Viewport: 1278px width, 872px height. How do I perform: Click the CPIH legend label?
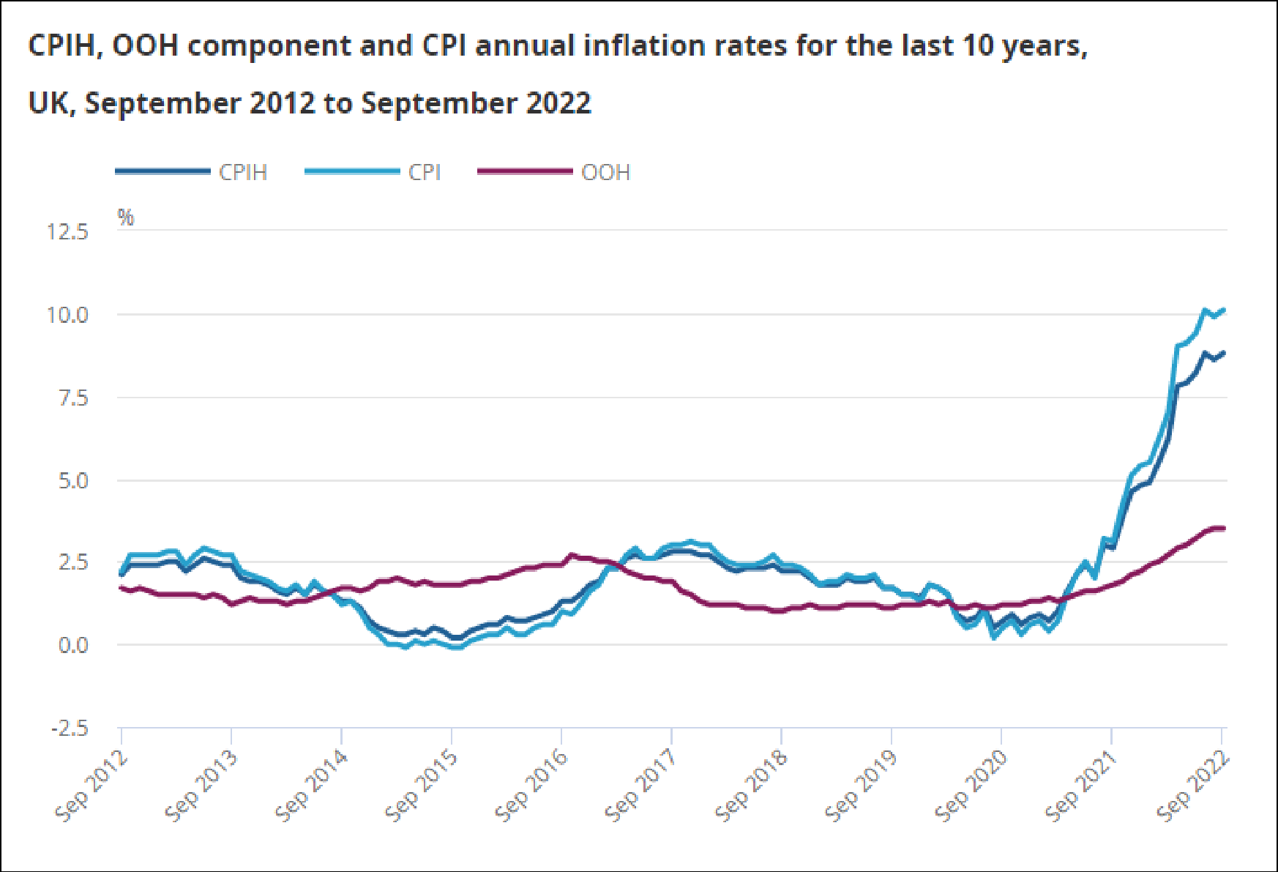coord(243,173)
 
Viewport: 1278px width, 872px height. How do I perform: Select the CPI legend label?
coord(425,173)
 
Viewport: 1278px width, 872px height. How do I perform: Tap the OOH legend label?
coord(605,173)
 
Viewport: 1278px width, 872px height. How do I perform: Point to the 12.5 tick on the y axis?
coord(67,232)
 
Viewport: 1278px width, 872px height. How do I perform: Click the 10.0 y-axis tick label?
coord(67,316)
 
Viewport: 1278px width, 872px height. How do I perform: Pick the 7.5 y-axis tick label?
coord(72,398)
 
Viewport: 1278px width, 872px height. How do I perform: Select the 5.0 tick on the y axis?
coord(72,481)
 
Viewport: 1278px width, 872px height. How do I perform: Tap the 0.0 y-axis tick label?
coord(72,645)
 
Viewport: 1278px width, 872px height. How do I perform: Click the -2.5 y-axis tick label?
coord(69,728)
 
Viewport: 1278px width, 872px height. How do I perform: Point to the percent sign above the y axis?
coord(126,217)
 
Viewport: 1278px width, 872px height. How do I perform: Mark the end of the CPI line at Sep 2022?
coord(1224,310)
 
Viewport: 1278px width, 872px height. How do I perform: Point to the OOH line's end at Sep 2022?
coord(1224,528)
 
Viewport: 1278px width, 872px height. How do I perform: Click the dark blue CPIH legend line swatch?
coord(162,172)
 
